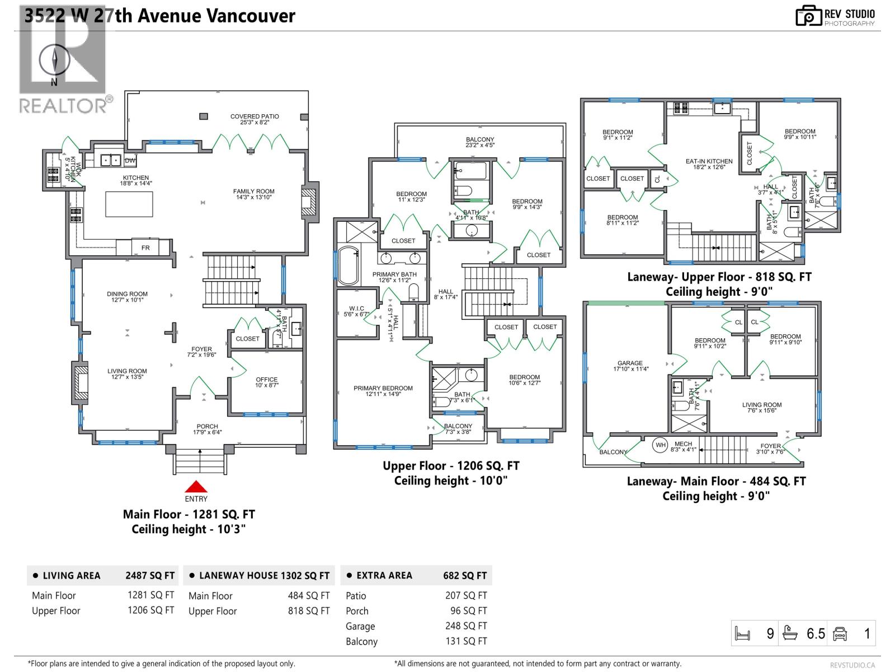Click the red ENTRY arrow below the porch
click(196, 487)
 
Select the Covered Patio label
click(255, 119)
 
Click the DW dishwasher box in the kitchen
click(130, 161)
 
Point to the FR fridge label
click(145, 248)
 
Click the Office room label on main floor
click(267, 382)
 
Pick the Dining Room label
click(128, 297)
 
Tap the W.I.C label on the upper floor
click(357, 311)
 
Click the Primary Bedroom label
click(383, 391)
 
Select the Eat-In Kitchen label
click(709, 164)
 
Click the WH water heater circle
click(661, 445)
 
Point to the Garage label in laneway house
click(630, 366)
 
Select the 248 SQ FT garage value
click(466, 626)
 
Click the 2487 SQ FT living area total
click(150, 575)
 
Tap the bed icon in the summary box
click(742, 633)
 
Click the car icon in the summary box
click(840, 633)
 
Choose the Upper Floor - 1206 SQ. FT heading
click(451, 466)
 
